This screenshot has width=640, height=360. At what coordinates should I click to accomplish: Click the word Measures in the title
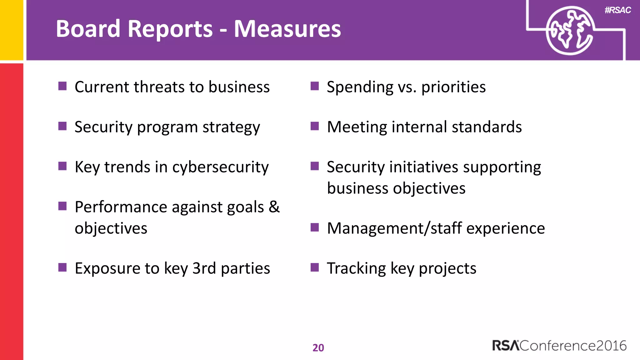(x=287, y=29)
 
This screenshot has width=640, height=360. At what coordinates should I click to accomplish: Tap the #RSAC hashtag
(x=617, y=10)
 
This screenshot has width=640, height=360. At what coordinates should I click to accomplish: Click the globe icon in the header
(x=569, y=31)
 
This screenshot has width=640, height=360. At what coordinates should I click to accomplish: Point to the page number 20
(x=318, y=348)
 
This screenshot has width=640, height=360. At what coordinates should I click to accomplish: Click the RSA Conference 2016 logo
(x=559, y=346)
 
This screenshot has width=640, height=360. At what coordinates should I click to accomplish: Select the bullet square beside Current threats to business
(x=62, y=86)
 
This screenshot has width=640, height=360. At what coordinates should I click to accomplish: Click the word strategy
(x=231, y=127)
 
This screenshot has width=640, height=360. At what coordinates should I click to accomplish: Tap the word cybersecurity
(x=220, y=167)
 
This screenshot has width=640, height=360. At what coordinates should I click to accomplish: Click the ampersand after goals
(x=274, y=207)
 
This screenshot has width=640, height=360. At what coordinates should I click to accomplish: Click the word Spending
(x=360, y=87)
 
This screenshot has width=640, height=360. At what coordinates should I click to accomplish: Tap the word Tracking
(x=356, y=268)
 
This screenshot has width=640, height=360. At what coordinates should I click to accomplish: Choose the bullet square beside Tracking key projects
(x=315, y=267)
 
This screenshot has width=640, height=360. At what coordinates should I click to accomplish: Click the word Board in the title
(x=88, y=29)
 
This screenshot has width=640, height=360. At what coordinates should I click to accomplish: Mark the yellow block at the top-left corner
(x=12, y=30)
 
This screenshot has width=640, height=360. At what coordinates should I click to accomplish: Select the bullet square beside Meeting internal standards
(x=315, y=126)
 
